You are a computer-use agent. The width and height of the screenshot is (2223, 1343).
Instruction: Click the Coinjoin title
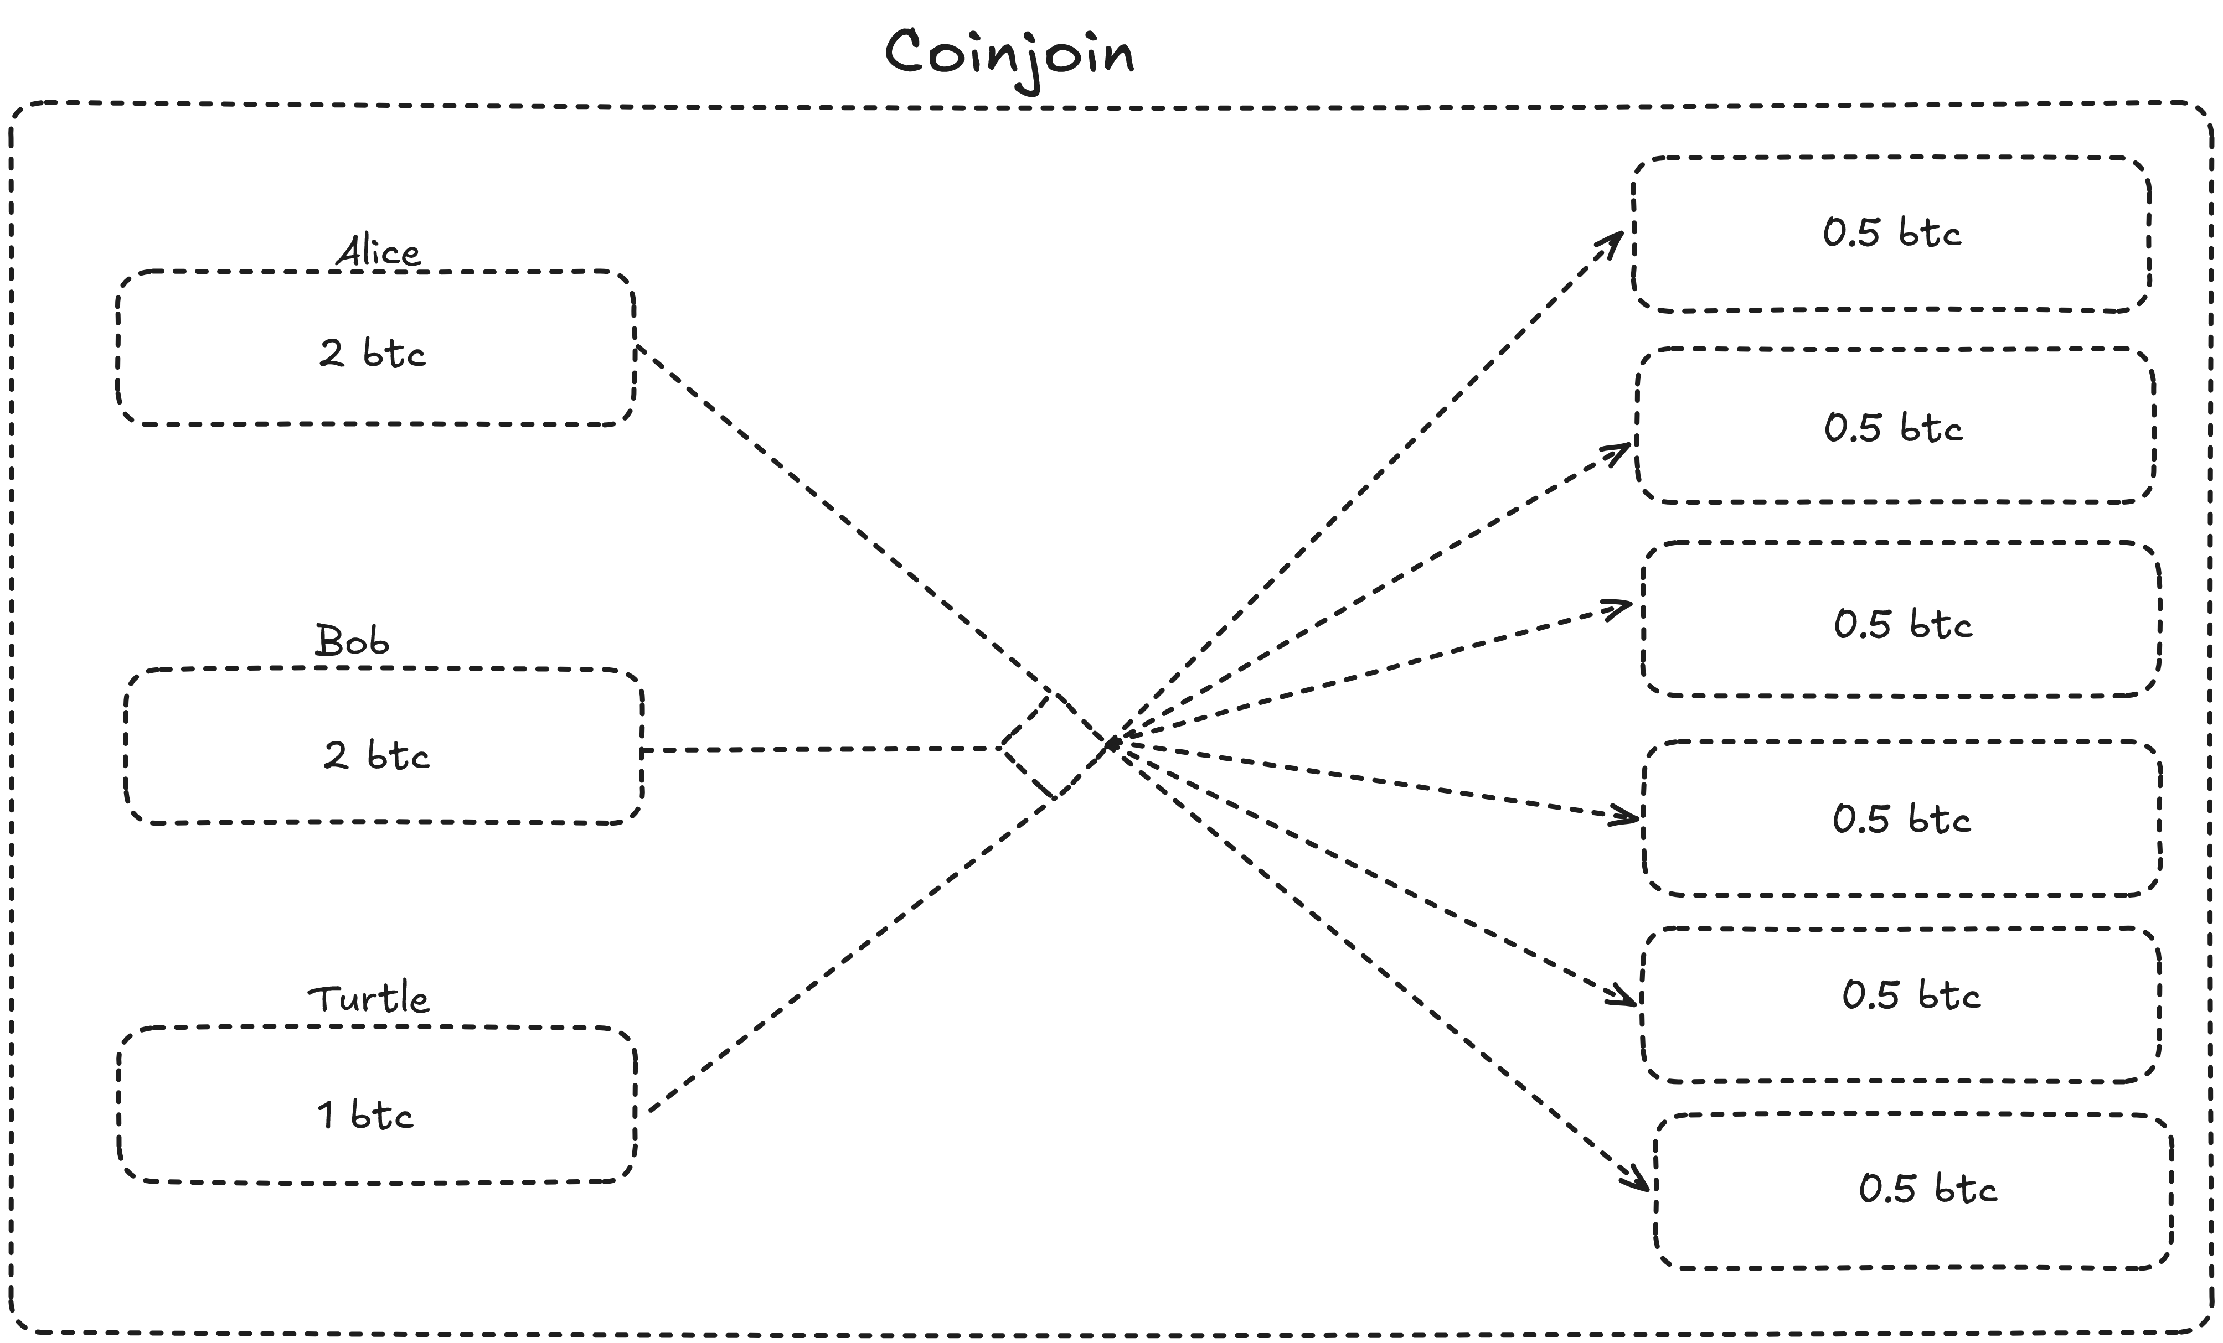(1009, 54)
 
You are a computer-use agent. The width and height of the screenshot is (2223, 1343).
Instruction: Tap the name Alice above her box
(378, 252)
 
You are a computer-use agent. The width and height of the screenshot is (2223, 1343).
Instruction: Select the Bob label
(352, 641)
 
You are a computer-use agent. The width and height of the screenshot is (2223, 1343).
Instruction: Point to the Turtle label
(368, 998)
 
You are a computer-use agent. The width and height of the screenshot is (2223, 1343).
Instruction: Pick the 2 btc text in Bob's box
(376, 755)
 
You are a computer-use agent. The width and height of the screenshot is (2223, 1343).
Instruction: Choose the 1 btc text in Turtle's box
(364, 1116)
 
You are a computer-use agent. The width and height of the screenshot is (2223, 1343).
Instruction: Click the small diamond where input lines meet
(1054, 746)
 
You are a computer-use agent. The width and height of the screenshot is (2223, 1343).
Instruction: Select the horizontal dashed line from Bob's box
(812, 749)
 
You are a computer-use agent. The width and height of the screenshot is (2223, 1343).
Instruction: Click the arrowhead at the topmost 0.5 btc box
(1613, 242)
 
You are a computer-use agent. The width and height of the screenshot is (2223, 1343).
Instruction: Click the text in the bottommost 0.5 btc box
(1928, 1189)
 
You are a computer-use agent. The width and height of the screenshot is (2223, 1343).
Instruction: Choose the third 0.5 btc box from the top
(1901, 620)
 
